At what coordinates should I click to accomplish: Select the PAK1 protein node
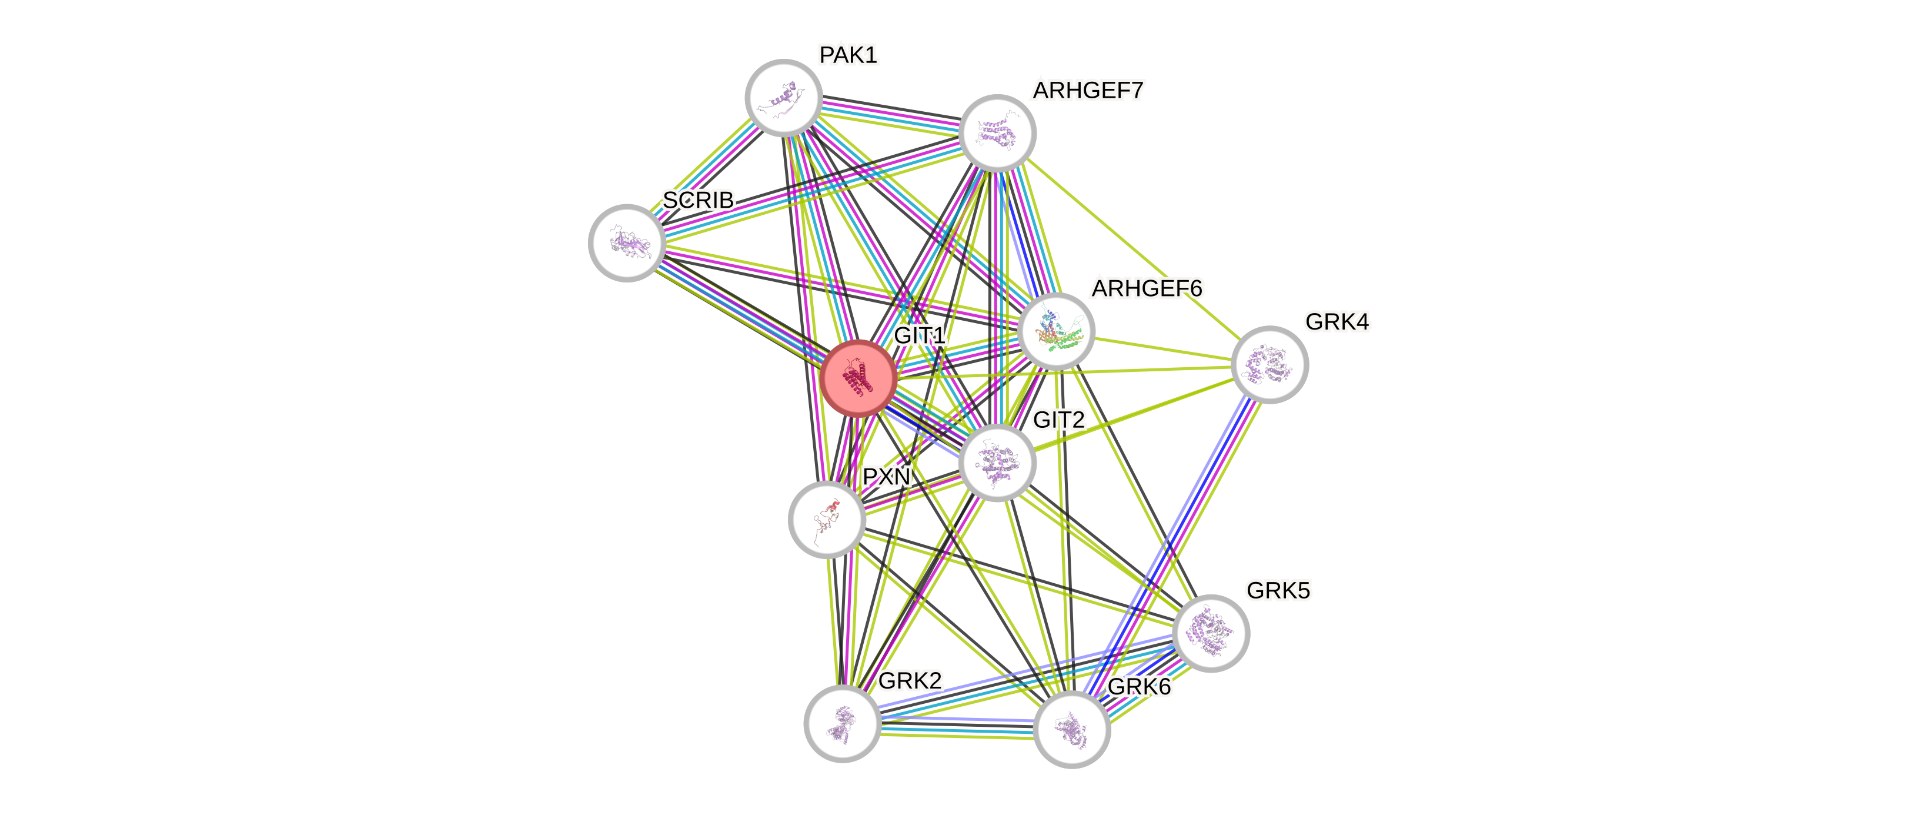783,98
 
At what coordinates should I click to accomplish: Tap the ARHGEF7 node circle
997,134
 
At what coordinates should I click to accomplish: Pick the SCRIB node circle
627,242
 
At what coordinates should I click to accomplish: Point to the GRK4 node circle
1269,364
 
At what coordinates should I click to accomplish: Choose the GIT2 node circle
997,463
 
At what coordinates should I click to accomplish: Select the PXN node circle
826,519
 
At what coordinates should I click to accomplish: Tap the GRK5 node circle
1211,633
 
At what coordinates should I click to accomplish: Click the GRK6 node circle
1071,729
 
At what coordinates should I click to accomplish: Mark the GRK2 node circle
842,723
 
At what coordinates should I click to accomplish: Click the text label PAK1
848,55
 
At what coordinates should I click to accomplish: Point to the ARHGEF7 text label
1088,91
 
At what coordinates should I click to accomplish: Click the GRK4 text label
1337,322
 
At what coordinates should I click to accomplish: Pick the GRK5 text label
1278,591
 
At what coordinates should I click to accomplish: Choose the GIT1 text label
919,335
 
